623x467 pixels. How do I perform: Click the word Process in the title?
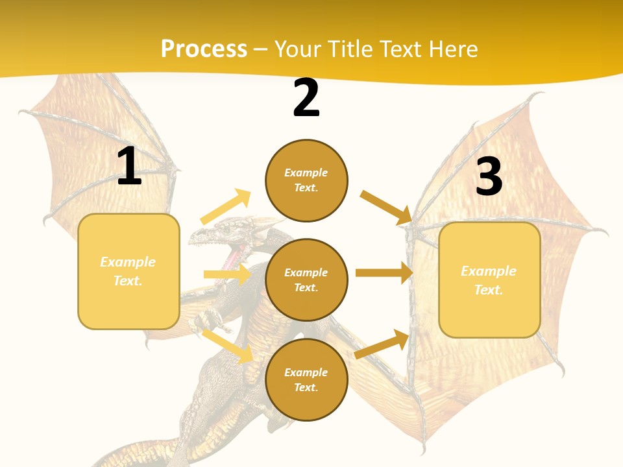[204, 49]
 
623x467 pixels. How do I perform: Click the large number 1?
[129, 167]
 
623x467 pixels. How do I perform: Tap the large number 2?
[306, 99]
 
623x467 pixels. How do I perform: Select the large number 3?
[489, 176]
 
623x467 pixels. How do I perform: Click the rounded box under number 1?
[128, 271]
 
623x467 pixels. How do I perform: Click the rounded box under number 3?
[489, 280]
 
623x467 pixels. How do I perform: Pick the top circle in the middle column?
[306, 180]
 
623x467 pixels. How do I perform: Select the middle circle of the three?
[306, 280]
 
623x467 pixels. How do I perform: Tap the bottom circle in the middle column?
[306, 379]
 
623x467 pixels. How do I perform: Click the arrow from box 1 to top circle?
[226, 207]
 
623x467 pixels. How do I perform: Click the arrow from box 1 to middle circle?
[227, 274]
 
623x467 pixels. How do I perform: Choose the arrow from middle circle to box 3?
[384, 273]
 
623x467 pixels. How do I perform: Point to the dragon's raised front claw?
[206, 319]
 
